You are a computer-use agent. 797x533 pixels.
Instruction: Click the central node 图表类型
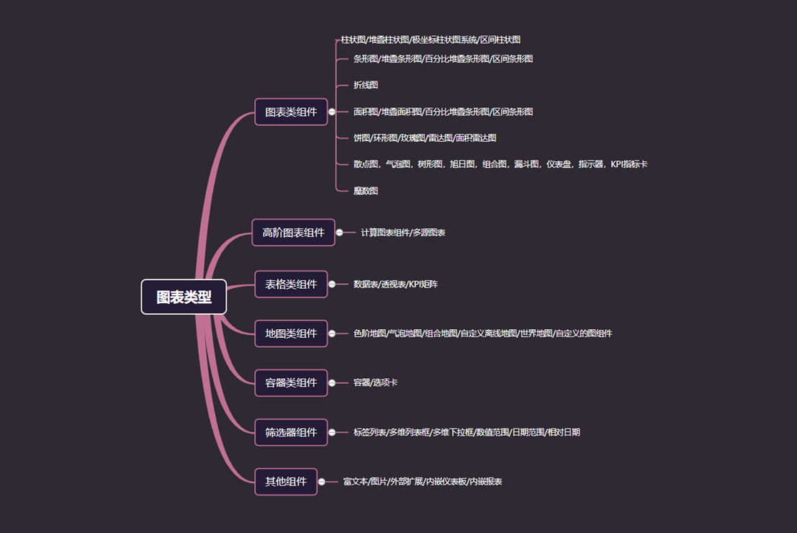(184, 297)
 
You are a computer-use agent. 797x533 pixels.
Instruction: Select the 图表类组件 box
(291, 112)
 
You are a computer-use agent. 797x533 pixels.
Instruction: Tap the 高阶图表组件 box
(293, 232)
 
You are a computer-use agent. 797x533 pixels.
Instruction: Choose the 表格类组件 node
(291, 284)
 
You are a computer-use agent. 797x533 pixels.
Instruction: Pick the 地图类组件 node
(291, 333)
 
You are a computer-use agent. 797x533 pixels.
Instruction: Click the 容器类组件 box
(291, 382)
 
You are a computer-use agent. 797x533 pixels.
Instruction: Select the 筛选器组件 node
(291, 432)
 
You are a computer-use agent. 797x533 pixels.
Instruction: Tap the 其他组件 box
(286, 481)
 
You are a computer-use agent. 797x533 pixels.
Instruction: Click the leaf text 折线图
(366, 85)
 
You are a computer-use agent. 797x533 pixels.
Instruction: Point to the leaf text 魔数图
(366, 191)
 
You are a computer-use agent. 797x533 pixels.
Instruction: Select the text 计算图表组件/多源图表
(403, 233)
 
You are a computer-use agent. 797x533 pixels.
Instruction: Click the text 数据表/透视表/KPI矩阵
(395, 285)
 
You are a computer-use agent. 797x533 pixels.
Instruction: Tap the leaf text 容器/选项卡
(375, 382)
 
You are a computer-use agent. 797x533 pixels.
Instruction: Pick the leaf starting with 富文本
(423, 481)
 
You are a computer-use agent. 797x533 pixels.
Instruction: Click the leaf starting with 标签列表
(467, 432)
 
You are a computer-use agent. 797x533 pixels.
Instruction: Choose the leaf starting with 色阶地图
(482, 333)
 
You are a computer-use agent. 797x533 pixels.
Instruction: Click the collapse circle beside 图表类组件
(332, 112)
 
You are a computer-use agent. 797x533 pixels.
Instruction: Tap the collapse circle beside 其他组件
(322, 481)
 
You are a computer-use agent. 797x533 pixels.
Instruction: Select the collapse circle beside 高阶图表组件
(340, 232)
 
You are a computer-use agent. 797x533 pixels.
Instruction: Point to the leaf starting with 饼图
(425, 138)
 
